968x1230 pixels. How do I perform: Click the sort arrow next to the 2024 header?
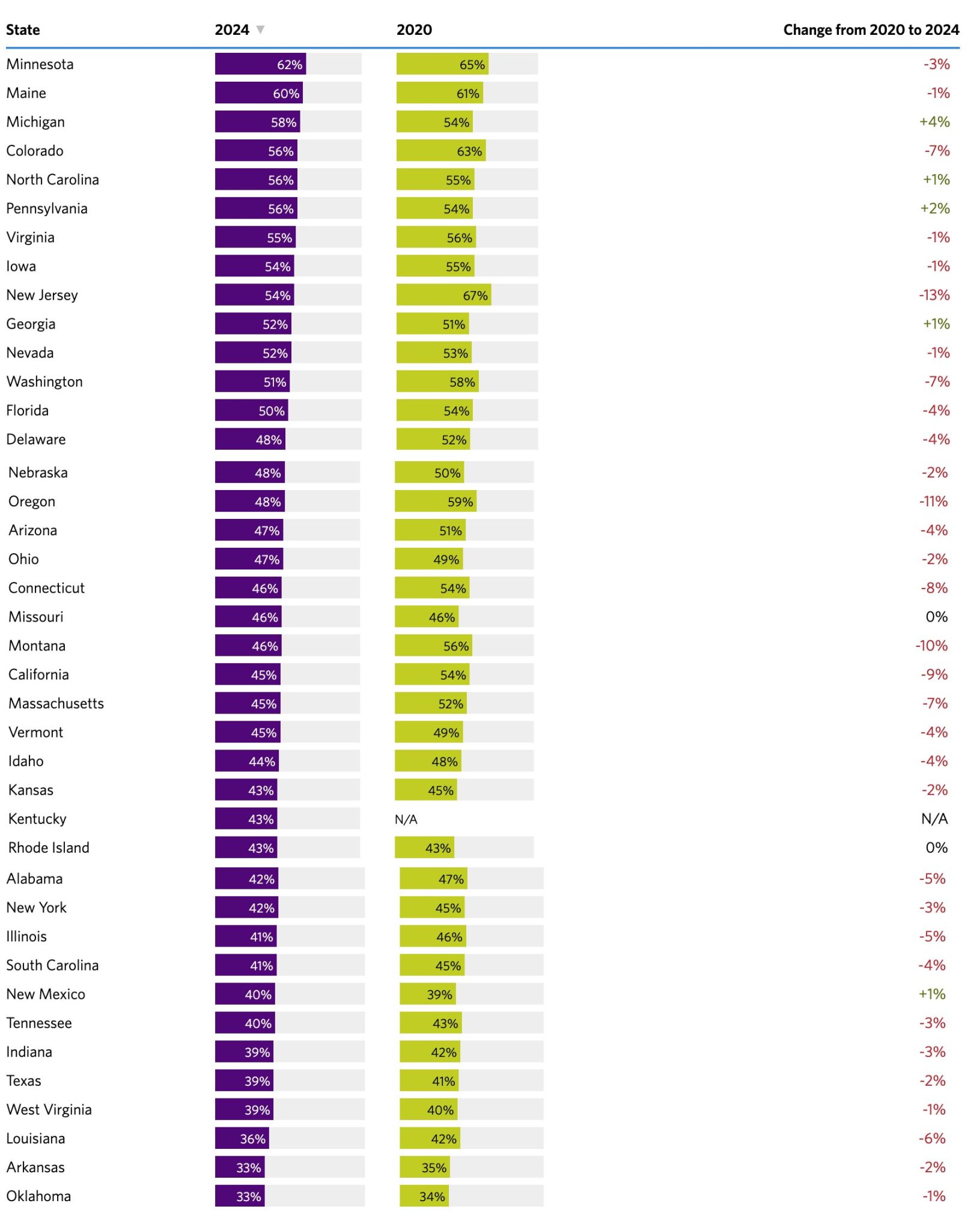click(x=260, y=29)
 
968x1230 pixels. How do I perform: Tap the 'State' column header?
click(x=23, y=30)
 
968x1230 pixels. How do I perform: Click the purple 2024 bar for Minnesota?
click(x=260, y=64)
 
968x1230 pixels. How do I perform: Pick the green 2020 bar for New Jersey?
click(x=443, y=295)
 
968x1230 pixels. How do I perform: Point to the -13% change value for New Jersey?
click(x=934, y=295)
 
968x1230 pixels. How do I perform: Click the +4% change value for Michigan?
click(x=934, y=122)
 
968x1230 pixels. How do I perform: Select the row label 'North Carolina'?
click(x=52, y=180)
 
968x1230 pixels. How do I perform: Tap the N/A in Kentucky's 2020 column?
click(x=406, y=819)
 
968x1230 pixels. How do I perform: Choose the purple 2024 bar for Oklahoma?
click(x=240, y=1196)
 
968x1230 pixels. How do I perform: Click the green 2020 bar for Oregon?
click(x=435, y=501)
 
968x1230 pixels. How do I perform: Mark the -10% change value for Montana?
click(x=931, y=646)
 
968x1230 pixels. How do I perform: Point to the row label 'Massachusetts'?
click(x=56, y=703)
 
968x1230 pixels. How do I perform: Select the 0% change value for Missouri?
click(x=936, y=617)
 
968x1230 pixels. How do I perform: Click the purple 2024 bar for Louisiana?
click(x=242, y=1138)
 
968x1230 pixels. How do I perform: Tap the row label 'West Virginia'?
click(x=49, y=1109)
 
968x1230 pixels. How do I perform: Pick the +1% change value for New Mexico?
click(x=931, y=994)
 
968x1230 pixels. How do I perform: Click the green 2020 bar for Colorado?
click(x=440, y=151)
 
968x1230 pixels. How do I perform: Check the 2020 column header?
click(x=414, y=30)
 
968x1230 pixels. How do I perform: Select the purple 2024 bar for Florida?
click(x=251, y=410)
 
